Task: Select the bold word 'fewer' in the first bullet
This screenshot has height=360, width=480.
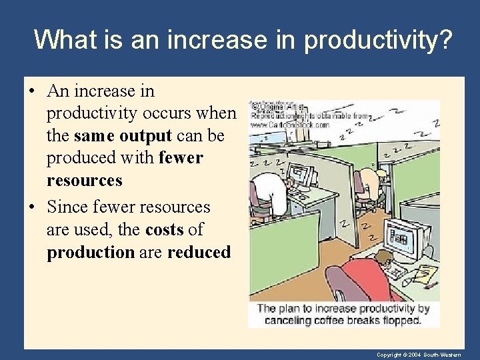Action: pyautogui.click(x=181, y=158)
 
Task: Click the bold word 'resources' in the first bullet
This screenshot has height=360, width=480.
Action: pyautogui.click(x=85, y=181)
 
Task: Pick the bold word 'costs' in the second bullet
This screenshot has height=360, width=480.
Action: pyautogui.click(x=163, y=230)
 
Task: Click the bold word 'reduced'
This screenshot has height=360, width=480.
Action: pyautogui.click(x=199, y=253)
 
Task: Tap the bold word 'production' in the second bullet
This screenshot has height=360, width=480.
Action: pyautogui.click(x=91, y=253)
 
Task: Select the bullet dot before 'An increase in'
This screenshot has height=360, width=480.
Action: pyautogui.click(x=33, y=91)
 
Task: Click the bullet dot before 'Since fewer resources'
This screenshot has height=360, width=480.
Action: pyautogui.click(x=33, y=207)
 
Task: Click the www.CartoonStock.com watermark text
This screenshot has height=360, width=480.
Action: pyautogui.click(x=290, y=125)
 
